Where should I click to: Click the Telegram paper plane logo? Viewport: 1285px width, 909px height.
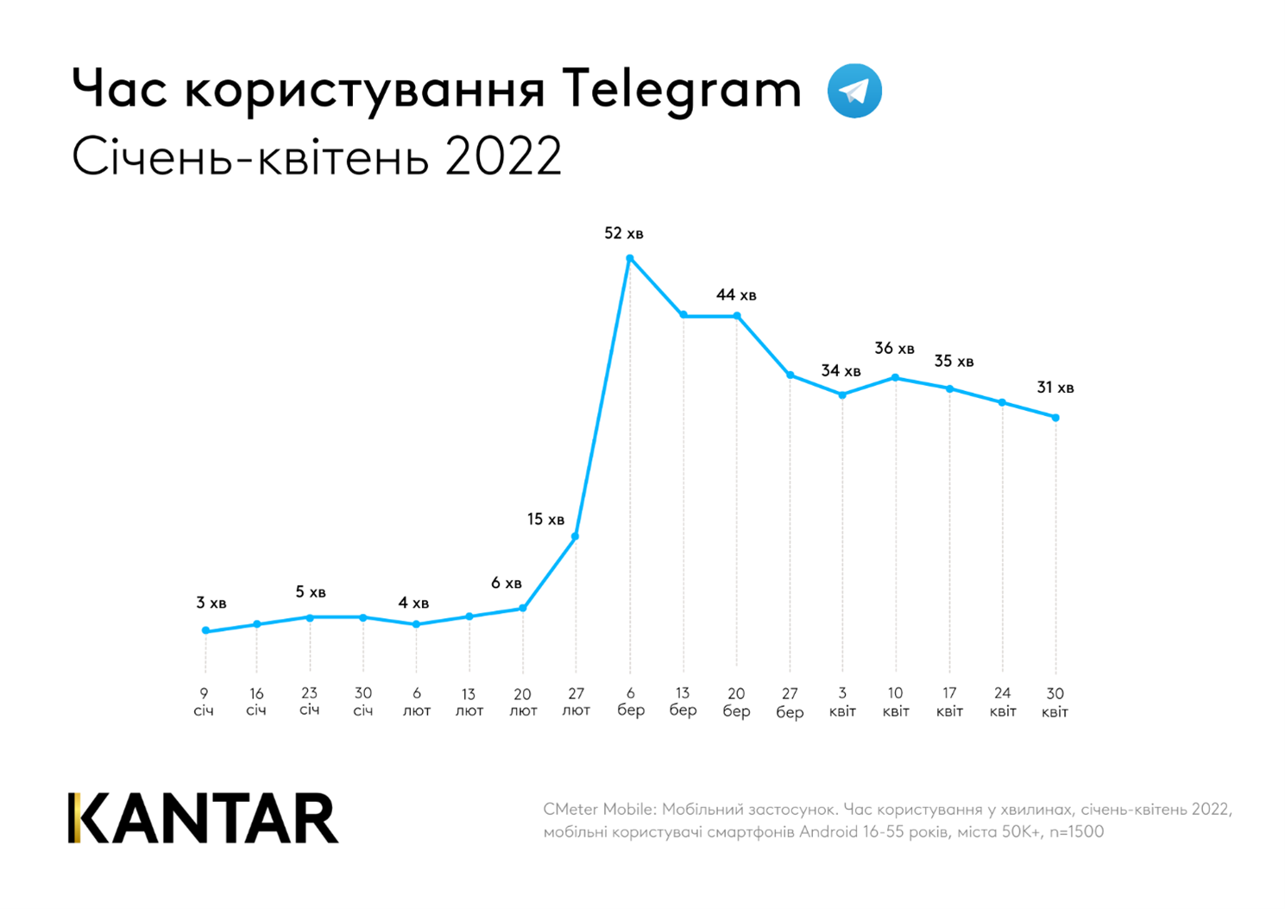coord(854,91)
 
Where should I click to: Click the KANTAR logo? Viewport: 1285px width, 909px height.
coord(204,817)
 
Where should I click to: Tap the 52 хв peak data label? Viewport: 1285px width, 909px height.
coord(623,234)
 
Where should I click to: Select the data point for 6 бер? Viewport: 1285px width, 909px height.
coord(630,258)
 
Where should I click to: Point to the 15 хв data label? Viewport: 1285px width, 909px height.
coord(545,520)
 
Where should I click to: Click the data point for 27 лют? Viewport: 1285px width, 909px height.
coord(576,537)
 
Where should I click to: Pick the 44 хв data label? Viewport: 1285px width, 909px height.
coord(735,295)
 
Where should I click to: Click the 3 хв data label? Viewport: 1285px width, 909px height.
coord(211,603)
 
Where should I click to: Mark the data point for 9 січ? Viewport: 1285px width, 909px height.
coord(205,631)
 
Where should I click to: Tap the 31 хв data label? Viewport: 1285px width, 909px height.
coord(1055,388)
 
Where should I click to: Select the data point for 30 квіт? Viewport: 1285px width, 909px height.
coord(1055,418)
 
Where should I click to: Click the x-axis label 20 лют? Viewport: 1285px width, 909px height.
coord(522,702)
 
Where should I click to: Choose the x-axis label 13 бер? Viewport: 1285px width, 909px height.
coord(683,702)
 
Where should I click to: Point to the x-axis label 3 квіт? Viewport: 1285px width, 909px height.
coord(842,702)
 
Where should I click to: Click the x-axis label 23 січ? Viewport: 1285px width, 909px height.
coord(310,701)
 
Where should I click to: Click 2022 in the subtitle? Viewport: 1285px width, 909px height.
coord(503,158)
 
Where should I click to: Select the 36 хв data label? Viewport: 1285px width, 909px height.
coord(894,349)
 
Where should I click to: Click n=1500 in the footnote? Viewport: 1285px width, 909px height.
coord(1076,832)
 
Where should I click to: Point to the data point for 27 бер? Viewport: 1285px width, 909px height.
coord(790,375)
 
